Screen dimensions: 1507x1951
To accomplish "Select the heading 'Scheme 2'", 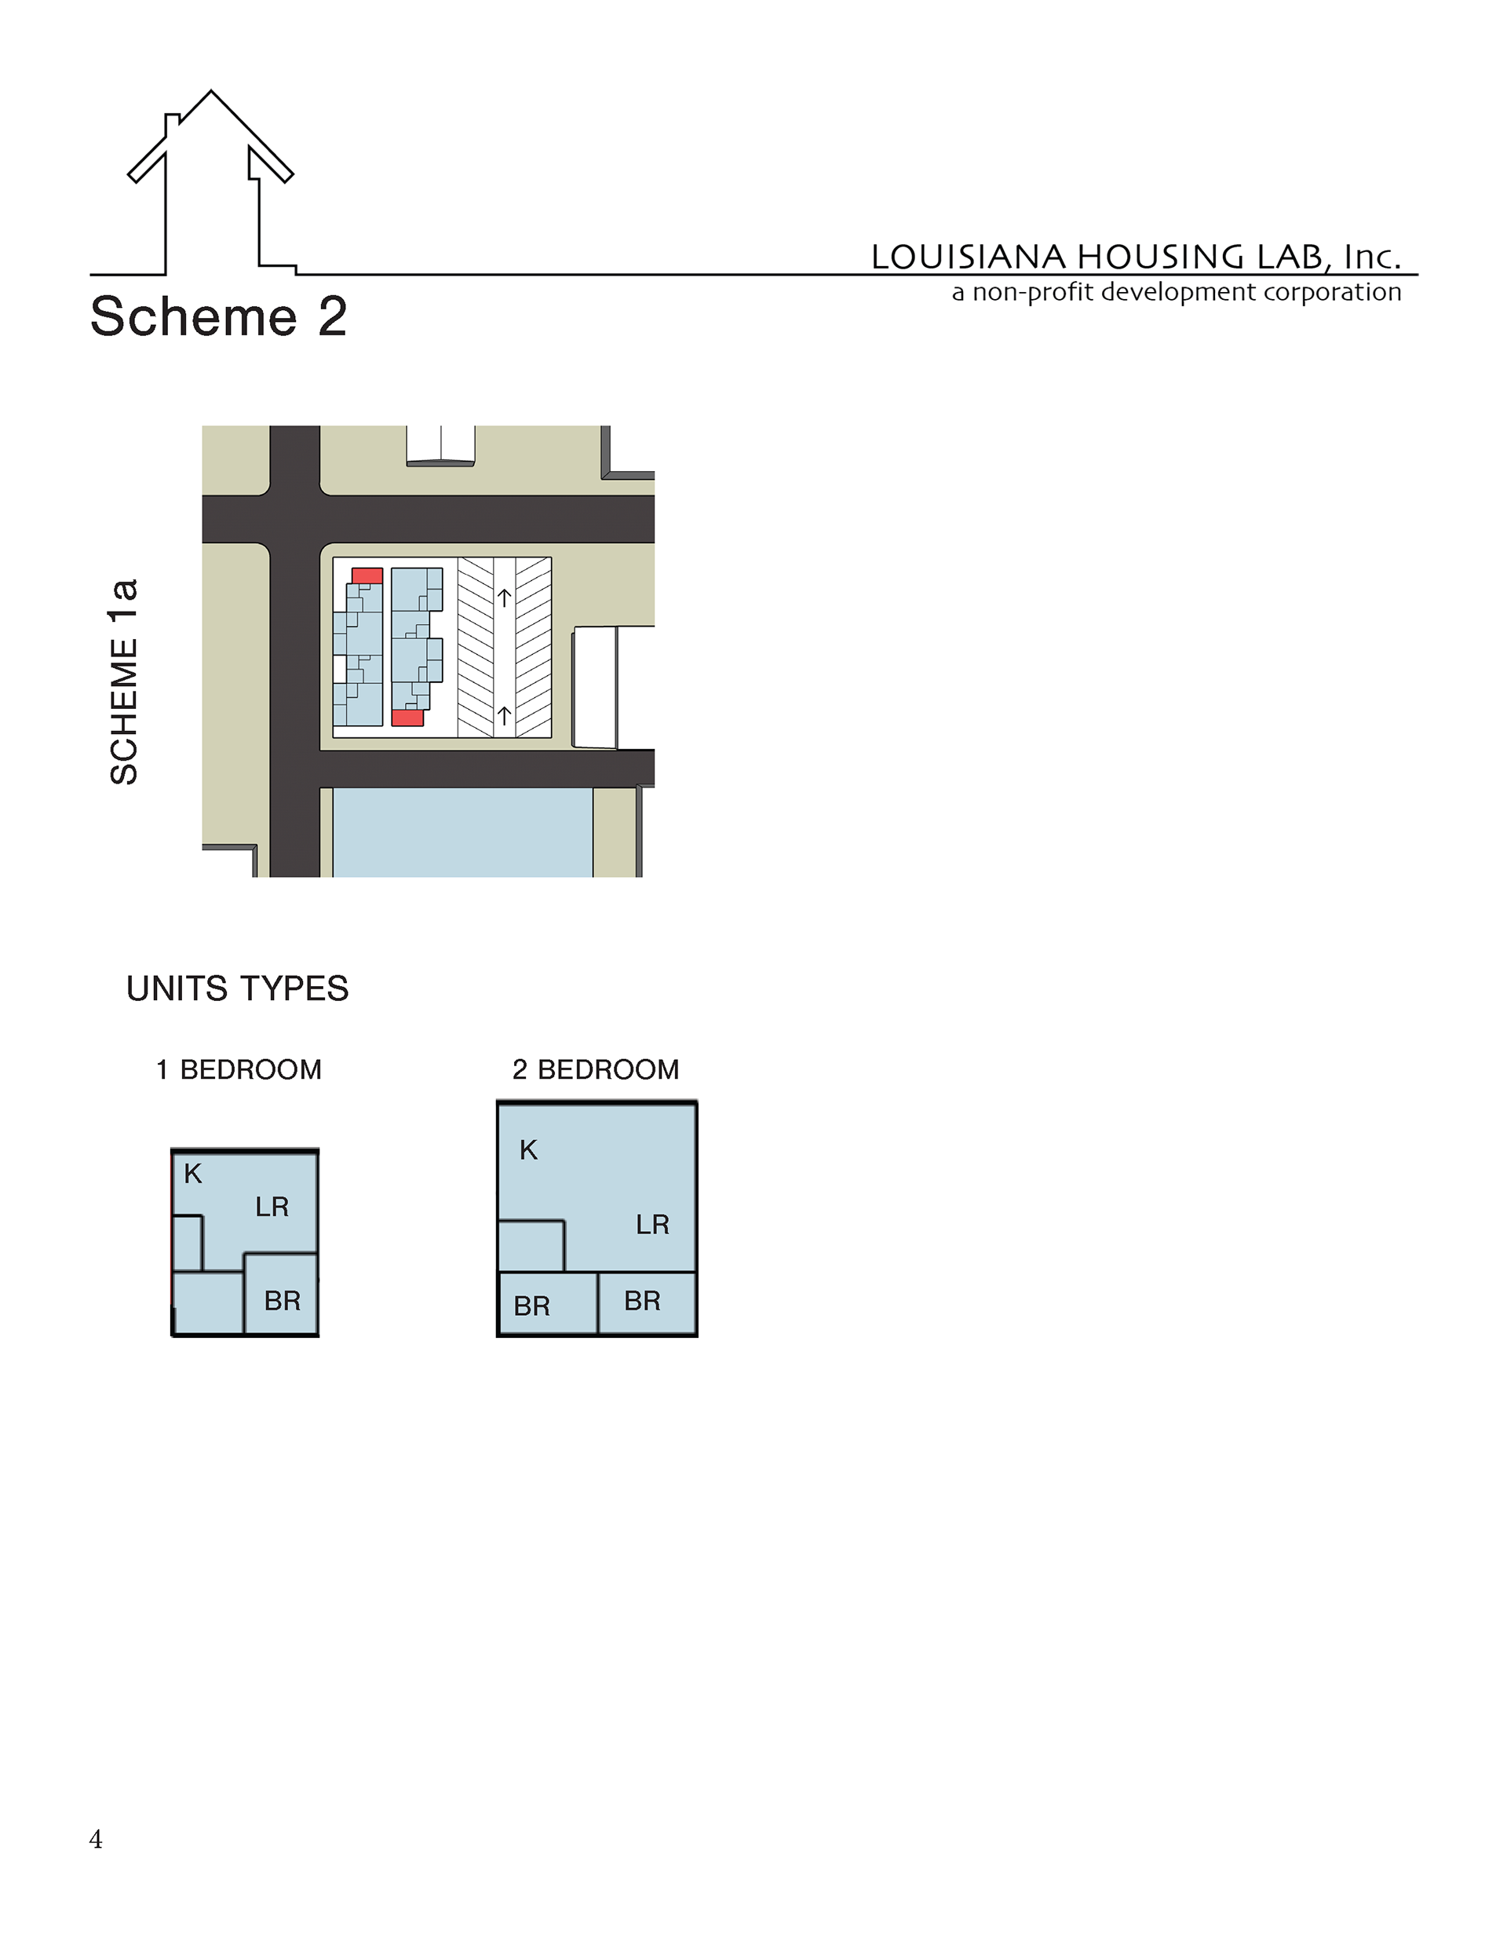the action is [219, 316].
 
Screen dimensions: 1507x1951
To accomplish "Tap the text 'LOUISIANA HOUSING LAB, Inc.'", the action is [1137, 257].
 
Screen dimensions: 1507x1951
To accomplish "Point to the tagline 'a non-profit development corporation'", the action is [1177, 292].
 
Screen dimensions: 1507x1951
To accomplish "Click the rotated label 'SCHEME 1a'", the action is [124, 681].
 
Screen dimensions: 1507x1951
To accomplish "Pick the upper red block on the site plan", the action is [367, 576].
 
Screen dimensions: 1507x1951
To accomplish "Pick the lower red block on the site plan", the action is [407, 718].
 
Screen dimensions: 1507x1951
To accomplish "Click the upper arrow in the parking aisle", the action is [505, 597].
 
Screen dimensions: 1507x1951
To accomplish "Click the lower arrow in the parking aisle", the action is [505, 715].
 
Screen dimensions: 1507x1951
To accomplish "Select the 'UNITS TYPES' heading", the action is [238, 989].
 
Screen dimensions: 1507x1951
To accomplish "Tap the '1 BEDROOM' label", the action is [239, 1069].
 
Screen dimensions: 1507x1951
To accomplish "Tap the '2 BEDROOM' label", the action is [596, 1069].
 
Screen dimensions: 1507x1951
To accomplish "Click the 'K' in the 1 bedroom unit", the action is [193, 1174].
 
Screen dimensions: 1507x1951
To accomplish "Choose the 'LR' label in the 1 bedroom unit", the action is [272, 1207].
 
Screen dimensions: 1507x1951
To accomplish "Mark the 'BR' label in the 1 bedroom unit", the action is [283, 1301].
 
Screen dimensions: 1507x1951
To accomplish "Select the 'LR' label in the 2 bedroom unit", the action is [653, 1225].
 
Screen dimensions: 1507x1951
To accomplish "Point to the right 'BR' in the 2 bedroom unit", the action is [642, 1301].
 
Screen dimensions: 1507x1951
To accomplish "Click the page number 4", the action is [96, 1840].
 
